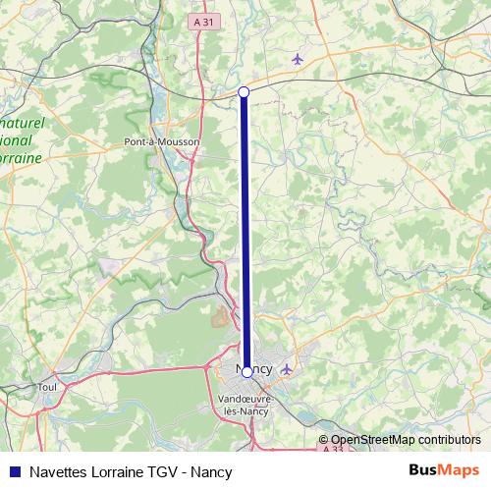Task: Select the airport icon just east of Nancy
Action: pyautogui.click(x=286, y=370)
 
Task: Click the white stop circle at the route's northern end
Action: pyautogui.click(x=245, y=91)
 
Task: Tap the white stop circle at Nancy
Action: pyautogui.click(x=246, y=372)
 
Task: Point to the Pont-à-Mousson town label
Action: pyautogui.click(x=162, y=141)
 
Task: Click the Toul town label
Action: pyautogui.click(x=47, y=387)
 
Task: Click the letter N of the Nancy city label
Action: pyautogui.click(x=241, y=370)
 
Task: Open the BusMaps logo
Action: pyautogui.click(x=446, y=470)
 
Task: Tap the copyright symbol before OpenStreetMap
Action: pyautogui.click(x=323, y=440)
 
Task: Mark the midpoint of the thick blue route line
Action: pyautogui.click(x=245, y=232)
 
